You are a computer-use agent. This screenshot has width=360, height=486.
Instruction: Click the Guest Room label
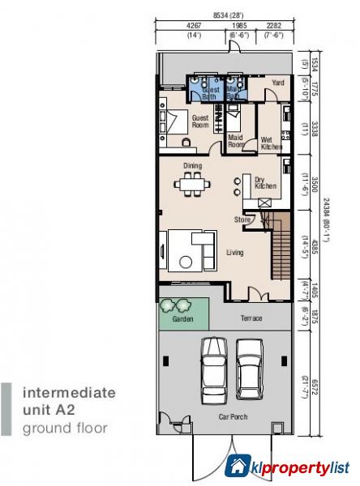(x=200, y=122)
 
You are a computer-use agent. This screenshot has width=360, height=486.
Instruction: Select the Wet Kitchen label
(x=271, y=143)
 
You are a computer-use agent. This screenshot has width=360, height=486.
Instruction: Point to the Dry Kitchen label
(x=265, y=183)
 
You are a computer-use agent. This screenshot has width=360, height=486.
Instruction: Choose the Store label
(x=242, y=220)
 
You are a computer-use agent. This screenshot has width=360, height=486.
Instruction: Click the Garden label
(x=183, y=319)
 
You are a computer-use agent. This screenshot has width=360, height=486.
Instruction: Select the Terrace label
(x=251, y=318)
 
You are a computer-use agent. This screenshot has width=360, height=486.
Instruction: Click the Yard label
(x=277, y=82)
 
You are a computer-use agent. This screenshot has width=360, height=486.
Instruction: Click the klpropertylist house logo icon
(x=237, y=466)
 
